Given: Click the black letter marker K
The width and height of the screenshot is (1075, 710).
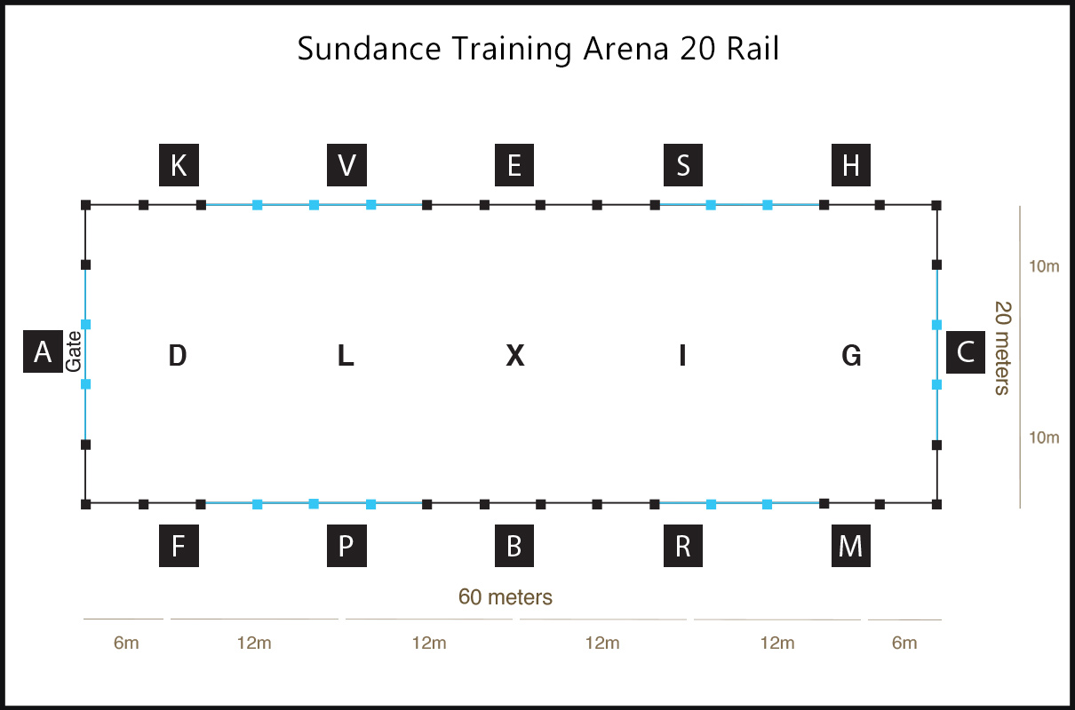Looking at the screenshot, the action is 179,165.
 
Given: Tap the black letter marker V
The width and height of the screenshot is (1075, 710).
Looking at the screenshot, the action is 347,165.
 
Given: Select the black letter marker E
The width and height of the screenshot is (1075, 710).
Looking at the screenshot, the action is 514,165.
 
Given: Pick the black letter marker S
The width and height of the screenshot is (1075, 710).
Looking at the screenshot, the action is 683,165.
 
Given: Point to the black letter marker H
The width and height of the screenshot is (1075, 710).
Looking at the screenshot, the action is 851,165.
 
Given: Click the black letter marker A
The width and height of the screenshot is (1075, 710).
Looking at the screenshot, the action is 44,351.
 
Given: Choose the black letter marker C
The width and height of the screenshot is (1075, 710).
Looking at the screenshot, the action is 966,351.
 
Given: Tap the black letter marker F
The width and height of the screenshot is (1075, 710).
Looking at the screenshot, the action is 179,546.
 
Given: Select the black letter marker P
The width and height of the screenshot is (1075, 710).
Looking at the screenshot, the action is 347,546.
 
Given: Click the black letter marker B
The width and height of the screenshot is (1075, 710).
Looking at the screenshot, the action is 514,546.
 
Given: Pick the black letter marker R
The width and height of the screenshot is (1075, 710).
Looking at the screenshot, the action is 683,546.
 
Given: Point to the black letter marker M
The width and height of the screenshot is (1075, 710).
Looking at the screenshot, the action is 851,546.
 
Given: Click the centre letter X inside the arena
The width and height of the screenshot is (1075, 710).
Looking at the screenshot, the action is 515,355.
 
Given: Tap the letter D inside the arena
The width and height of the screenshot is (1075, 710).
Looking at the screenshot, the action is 178,355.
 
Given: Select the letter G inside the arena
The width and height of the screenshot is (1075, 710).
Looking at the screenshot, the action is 851,355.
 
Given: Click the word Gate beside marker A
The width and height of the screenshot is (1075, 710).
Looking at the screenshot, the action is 74,351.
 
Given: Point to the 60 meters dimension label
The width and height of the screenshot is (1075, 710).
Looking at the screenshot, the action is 506,597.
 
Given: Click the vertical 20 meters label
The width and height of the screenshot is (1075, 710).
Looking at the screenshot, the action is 1002,348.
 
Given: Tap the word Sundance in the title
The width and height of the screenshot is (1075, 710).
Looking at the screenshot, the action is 369,49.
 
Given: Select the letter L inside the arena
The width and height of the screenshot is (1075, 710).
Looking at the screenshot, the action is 346,355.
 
